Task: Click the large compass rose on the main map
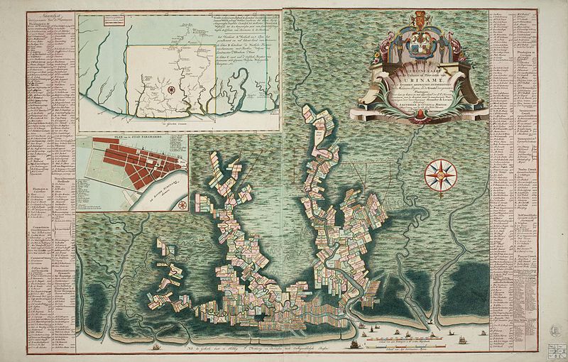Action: click(x=435, y=172)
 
